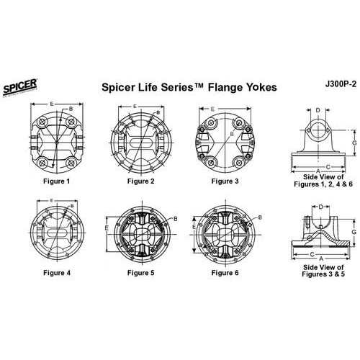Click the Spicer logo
pos(20,87)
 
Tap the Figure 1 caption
pos(56,181)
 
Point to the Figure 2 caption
pos(140,181)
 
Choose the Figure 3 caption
pos(225,181)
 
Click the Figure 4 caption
pos(57,273)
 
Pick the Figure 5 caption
pos(140,273)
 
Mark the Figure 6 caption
pos(225,273)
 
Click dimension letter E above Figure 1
pos(51,104)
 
